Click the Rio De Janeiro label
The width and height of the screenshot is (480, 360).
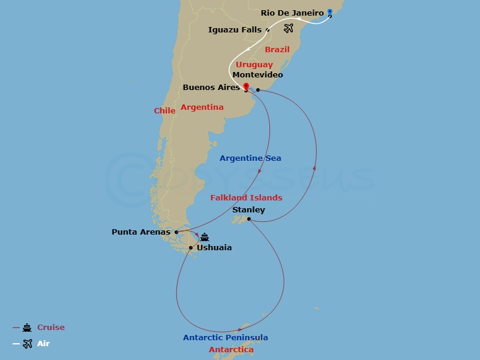coord(292,13)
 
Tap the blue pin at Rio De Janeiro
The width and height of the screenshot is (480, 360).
coord(329,12)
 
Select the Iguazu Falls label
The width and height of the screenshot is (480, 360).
coord(234,29)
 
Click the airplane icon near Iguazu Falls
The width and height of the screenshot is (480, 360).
coord(289,28)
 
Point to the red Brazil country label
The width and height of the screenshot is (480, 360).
coord(277,49)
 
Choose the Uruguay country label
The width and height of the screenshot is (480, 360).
coord(254,64)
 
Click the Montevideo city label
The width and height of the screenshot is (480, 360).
coord(257,74)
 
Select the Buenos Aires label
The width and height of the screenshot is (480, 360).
coord(211,88)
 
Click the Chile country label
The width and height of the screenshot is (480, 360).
coord(164,110)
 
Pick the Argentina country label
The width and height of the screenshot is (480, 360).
coord(202,107)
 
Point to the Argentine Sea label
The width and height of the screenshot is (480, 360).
coord(250,158)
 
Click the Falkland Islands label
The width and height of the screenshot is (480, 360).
coord(246,197)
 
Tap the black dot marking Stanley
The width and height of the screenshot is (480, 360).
coord(248,219)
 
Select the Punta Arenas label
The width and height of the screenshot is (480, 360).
coord(141,232)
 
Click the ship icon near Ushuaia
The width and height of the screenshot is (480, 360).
coord(205,236)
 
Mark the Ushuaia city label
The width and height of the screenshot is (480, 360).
coord(214,247)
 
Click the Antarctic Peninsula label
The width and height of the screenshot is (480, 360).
coord(226,337)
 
